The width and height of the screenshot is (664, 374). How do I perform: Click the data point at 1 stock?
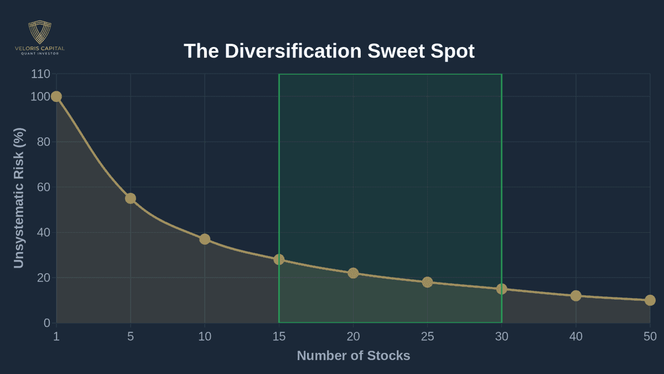(x=56, y=96)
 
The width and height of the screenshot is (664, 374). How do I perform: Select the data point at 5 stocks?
(x=131, y=198)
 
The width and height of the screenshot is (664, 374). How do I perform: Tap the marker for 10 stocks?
(x=205, y=239)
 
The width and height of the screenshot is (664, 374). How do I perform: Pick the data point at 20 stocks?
(x=353, y=273)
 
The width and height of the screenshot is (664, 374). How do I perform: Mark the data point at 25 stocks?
(x=427, y=282)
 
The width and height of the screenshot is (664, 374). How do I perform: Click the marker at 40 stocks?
(x=575, y=296)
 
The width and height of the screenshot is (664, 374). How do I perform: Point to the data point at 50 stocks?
(x=650, y=300)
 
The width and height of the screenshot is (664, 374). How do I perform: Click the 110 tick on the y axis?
(x=40, y=74)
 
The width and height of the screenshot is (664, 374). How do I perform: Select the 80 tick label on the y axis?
(x=43, y=142)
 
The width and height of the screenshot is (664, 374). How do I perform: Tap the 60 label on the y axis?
(x=43, y=187)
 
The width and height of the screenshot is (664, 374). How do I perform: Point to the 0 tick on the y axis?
(x=46, y=323)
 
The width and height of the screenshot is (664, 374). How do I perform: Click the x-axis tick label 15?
(x=279, y=336)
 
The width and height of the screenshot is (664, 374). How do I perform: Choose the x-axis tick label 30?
(x=501, y=336)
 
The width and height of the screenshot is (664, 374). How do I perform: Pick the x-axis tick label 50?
(x=650, y=336)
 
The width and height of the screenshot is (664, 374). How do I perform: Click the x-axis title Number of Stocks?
(x=354, y=356)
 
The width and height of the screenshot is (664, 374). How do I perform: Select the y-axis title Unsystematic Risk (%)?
(x=19, y=198)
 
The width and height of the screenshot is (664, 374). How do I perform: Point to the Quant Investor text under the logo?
(x=40, y=54)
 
